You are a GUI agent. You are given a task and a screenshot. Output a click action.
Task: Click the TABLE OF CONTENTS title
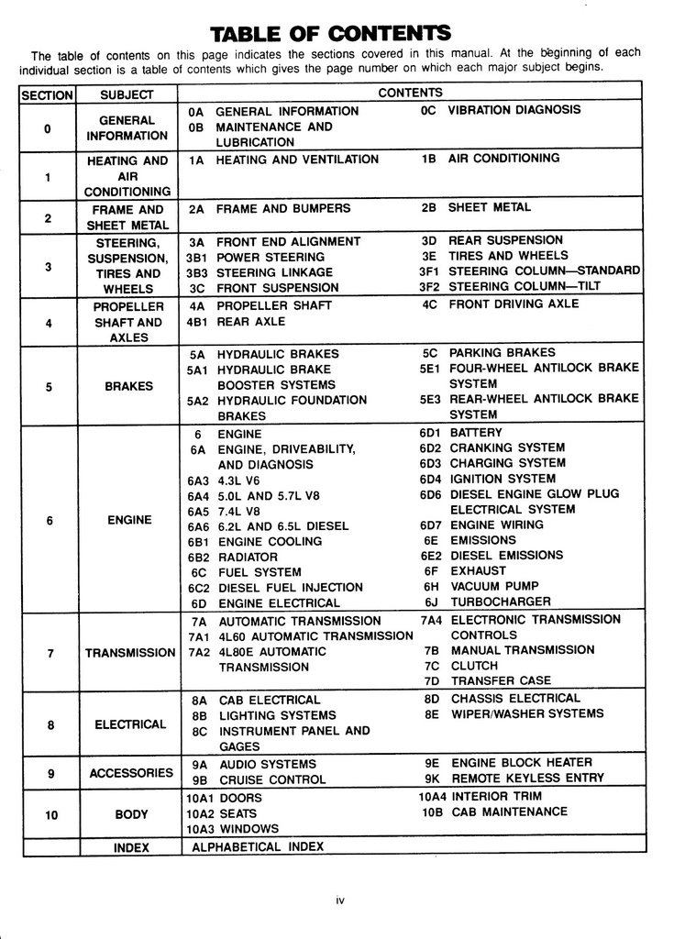[x=330, y=34]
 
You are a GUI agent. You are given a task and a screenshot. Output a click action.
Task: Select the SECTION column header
[x=47, y=94]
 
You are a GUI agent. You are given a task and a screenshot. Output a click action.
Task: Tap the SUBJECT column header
[x=127, y=94]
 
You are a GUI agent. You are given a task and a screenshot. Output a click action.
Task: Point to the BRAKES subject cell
[x=128, y=386]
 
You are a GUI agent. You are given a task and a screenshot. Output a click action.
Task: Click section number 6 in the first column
[x=50, y=520]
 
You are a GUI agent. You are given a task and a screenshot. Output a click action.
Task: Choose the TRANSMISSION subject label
[x=129, y=653]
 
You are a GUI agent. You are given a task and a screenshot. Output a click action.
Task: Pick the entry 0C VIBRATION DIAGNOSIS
[x=501, y=110]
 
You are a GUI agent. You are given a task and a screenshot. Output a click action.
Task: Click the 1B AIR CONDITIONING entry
[x=490, y=159]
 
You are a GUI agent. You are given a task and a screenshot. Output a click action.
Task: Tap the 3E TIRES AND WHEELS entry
[x=494, y=256]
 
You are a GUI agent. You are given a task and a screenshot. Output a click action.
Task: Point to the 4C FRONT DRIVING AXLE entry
[x=501, y=304]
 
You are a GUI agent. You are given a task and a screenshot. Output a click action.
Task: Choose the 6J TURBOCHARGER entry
[x=488, y=602]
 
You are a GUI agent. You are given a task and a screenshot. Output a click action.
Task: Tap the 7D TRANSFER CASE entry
[x=488, y=681]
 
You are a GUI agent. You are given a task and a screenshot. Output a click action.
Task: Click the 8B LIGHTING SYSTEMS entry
[x=264, y=715]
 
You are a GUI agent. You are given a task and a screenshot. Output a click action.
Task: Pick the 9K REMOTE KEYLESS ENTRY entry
[x=514, y=779]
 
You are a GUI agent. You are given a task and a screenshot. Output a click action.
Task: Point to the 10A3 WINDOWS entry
[x=233, y=829]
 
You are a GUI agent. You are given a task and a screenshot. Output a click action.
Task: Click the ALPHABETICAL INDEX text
[x=258, y=847]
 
